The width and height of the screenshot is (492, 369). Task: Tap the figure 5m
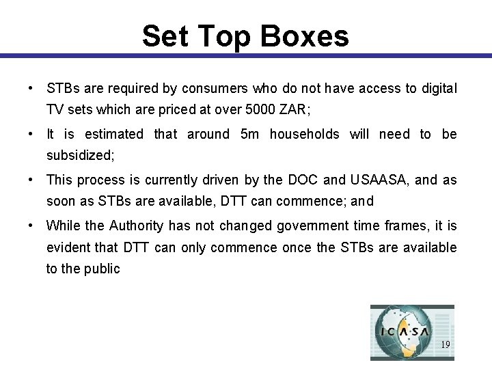pos(250,134)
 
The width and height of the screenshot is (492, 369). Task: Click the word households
pos(304,134)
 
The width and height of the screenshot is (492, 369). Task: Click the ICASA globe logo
pos(404,331)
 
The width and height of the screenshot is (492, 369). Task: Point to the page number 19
pos(445,345)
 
